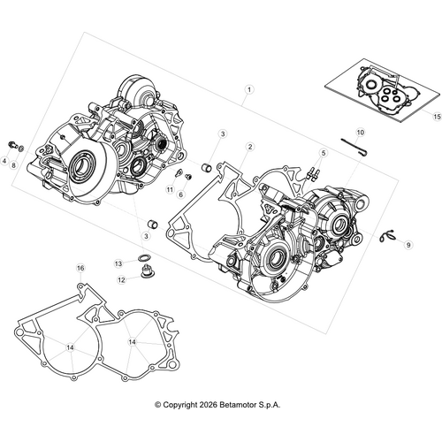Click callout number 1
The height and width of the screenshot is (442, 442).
tap(250, 89)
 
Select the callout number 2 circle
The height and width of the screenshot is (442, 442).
tap(250, 146)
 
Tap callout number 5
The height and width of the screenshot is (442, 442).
tap(324, 153)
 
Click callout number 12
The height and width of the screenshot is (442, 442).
tap(123, 279)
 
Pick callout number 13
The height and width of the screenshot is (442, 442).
tap(118, 263)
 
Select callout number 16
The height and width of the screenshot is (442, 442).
tap(80, 268)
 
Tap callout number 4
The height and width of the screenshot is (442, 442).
tap(4, 162)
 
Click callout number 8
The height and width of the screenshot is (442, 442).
tap(14, 165)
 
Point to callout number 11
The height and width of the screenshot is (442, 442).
tap(169, 189)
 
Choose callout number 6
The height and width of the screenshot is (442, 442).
tap(180, 194)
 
